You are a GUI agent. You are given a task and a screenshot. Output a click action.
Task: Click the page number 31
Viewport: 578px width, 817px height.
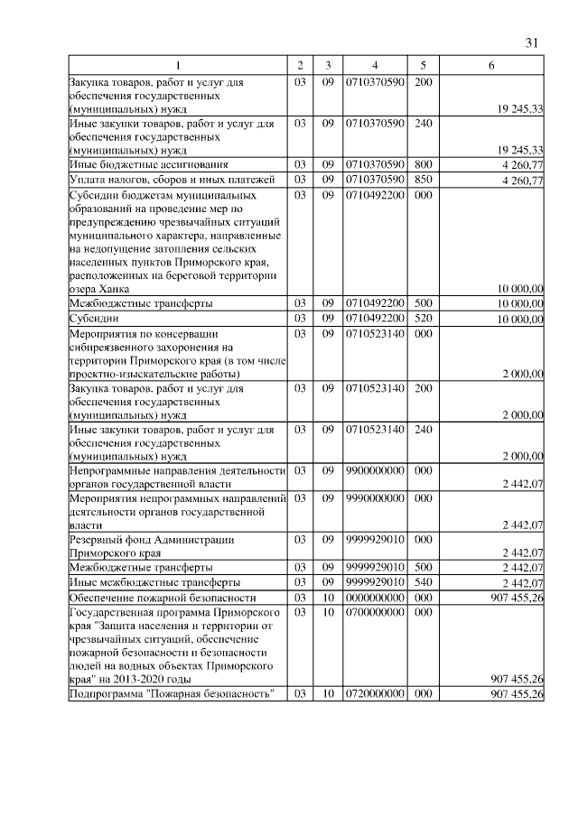tap(532, 42)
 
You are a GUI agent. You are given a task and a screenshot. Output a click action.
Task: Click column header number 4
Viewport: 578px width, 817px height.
tap(374, 66)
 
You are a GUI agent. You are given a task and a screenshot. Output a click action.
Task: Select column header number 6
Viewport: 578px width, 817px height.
tap(490, 66)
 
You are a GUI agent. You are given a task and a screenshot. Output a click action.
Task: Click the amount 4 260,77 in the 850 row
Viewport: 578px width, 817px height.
tap(521, 181)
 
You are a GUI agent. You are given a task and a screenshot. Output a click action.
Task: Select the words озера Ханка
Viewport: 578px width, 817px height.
tap(104, 289)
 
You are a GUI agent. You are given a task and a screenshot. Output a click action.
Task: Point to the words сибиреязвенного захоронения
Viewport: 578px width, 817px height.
tap(144, 346)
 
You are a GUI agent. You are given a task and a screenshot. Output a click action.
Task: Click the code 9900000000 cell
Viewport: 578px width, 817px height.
tap(374, 470)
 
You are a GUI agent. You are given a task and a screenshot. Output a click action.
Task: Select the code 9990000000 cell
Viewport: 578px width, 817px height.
tap(374, 497)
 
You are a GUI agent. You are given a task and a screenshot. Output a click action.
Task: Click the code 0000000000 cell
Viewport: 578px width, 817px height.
tap(374, 597)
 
